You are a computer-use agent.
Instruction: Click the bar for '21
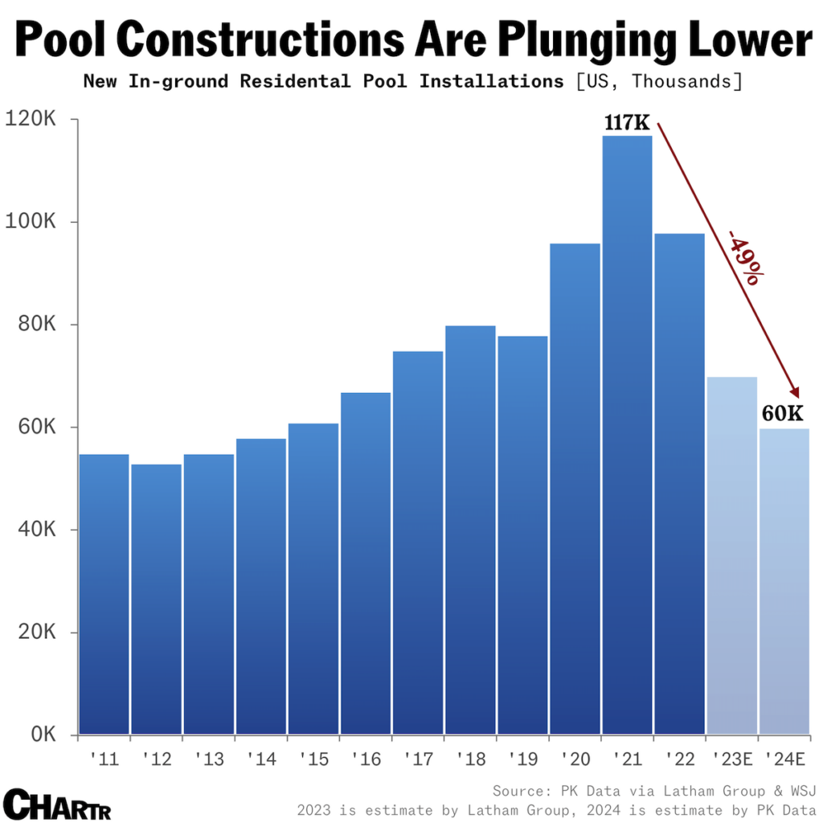click(x=627, y=434)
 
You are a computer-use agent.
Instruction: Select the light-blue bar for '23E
click(x=731, y=555)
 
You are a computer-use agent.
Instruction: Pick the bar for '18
click(x=469, y=530)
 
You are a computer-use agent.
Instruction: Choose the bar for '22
click(x=679, y=482)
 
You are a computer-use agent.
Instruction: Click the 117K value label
click(x=627, y=124)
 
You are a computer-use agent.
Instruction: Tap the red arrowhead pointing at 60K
click(x=795, y=391)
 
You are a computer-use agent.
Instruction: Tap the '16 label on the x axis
click(x=366, y=759)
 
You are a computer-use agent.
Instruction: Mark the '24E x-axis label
click(x=784, y=759)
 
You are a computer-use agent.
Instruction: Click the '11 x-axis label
click(x=104, y=759)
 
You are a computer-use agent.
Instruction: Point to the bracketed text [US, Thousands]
click(x=657, y=81)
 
